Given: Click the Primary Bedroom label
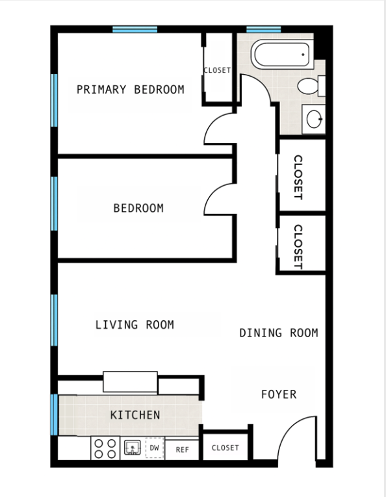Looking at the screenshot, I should click(130, 90).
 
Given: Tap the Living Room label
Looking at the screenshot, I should click(135, 324).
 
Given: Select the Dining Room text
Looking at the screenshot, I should click(279, 333).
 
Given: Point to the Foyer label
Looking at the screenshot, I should click(279, 394).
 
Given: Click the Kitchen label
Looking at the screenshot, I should click(135, 414).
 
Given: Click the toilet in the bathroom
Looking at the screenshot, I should click(311, 85).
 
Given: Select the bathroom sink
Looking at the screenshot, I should click(315, 119).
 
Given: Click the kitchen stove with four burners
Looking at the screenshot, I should click(105, 448).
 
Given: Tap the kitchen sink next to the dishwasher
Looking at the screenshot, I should click(133, 448).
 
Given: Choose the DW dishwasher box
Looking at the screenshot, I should click(154, 448).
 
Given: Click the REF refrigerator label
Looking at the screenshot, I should click(183, 448).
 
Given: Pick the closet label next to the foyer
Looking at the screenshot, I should click(225, 448).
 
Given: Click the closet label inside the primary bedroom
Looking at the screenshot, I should click(217, 70).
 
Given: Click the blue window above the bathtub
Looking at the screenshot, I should click(263, 29).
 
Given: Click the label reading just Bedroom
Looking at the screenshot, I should click(138, 209).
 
